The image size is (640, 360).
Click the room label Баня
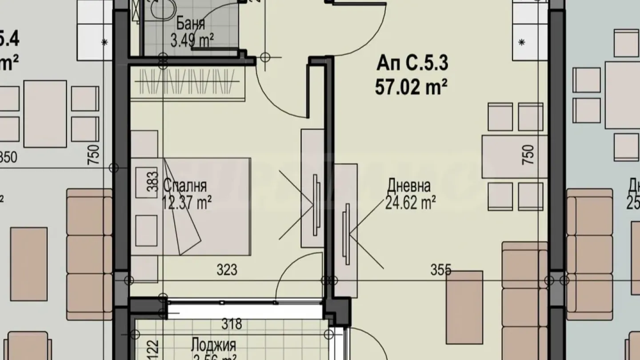pyautogui.click(x=190, y=23)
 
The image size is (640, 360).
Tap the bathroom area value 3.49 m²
pyautogui.click(x=192, y=40)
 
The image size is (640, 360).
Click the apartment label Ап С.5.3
pyautogui.click(x=412, y=64)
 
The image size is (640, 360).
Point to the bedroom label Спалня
pyautogui.click(x=184, y=185)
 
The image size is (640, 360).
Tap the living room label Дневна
pyautogui.click(x=408, y=185)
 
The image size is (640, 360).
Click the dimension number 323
pyautogui.click(x=227, y=270)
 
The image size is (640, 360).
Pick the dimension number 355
pyautogui.click(x=440, y=269)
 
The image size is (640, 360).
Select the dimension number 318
pyautogui.click(x=232, y=324)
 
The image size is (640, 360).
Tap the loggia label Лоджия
pyautogui.click(x=213, y=344)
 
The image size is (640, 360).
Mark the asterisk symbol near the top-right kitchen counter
pyautogui.click(x=522, y=42)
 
